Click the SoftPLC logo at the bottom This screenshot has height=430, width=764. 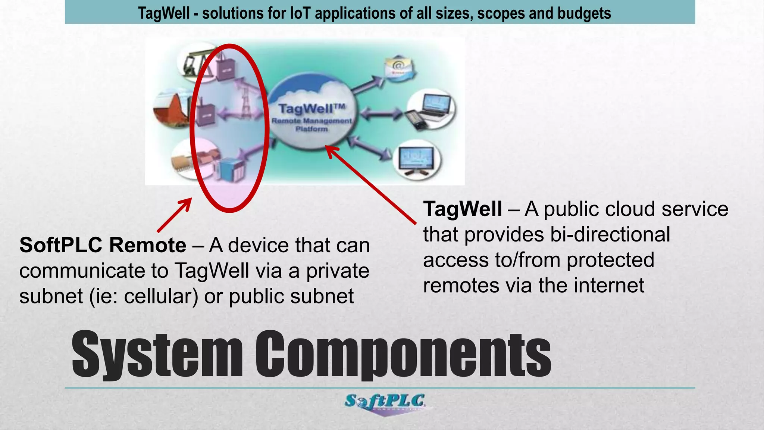coord(385,404)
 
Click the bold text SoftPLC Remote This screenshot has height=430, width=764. coord(103,245)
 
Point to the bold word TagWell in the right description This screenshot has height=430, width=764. coord(463,209)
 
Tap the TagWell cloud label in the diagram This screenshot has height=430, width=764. coord(312,109)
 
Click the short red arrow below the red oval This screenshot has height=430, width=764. coord(174,215)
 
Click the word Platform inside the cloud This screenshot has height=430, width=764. coord(311,129)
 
